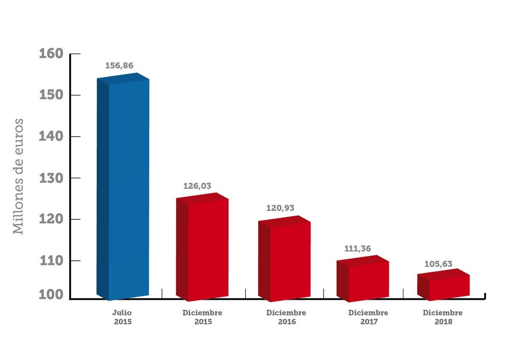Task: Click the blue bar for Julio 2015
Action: pyautogui.click(x=123, y=187)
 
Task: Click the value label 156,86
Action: pyautogui.click(x=119, y=66)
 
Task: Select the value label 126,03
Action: pyautogui.click(x=197, y=186)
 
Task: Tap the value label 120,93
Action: pyautogui.click(x=280, y=208)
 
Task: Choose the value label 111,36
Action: pyautogui.click(x=358, y=248)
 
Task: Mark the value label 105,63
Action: pyautogui.click(x=439, y=264)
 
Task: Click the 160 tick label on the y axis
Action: pyautogui.click(x=51, y=54)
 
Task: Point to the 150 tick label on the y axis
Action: pyautogui.click(x=51, y=95)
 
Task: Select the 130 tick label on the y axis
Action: pyautogui.click(x=51, y=178)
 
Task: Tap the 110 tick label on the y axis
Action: pyautogui.click(x=51, y=261)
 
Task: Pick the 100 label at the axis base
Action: pyautogui.click(x=51, y=295)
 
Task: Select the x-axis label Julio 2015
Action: pyautogui.click(x=123, y=317)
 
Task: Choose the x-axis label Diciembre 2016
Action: pyautogui.click(x=286, y=317)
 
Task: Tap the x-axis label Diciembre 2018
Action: pyautogui.click(x=443, y=317)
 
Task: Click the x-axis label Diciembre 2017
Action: pyautogui.click(x=368, y=317)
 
